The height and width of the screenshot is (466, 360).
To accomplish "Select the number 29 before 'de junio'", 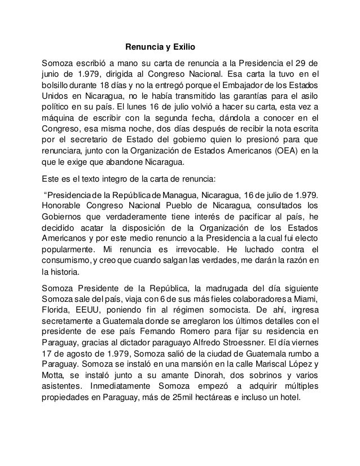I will pos(301,61).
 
